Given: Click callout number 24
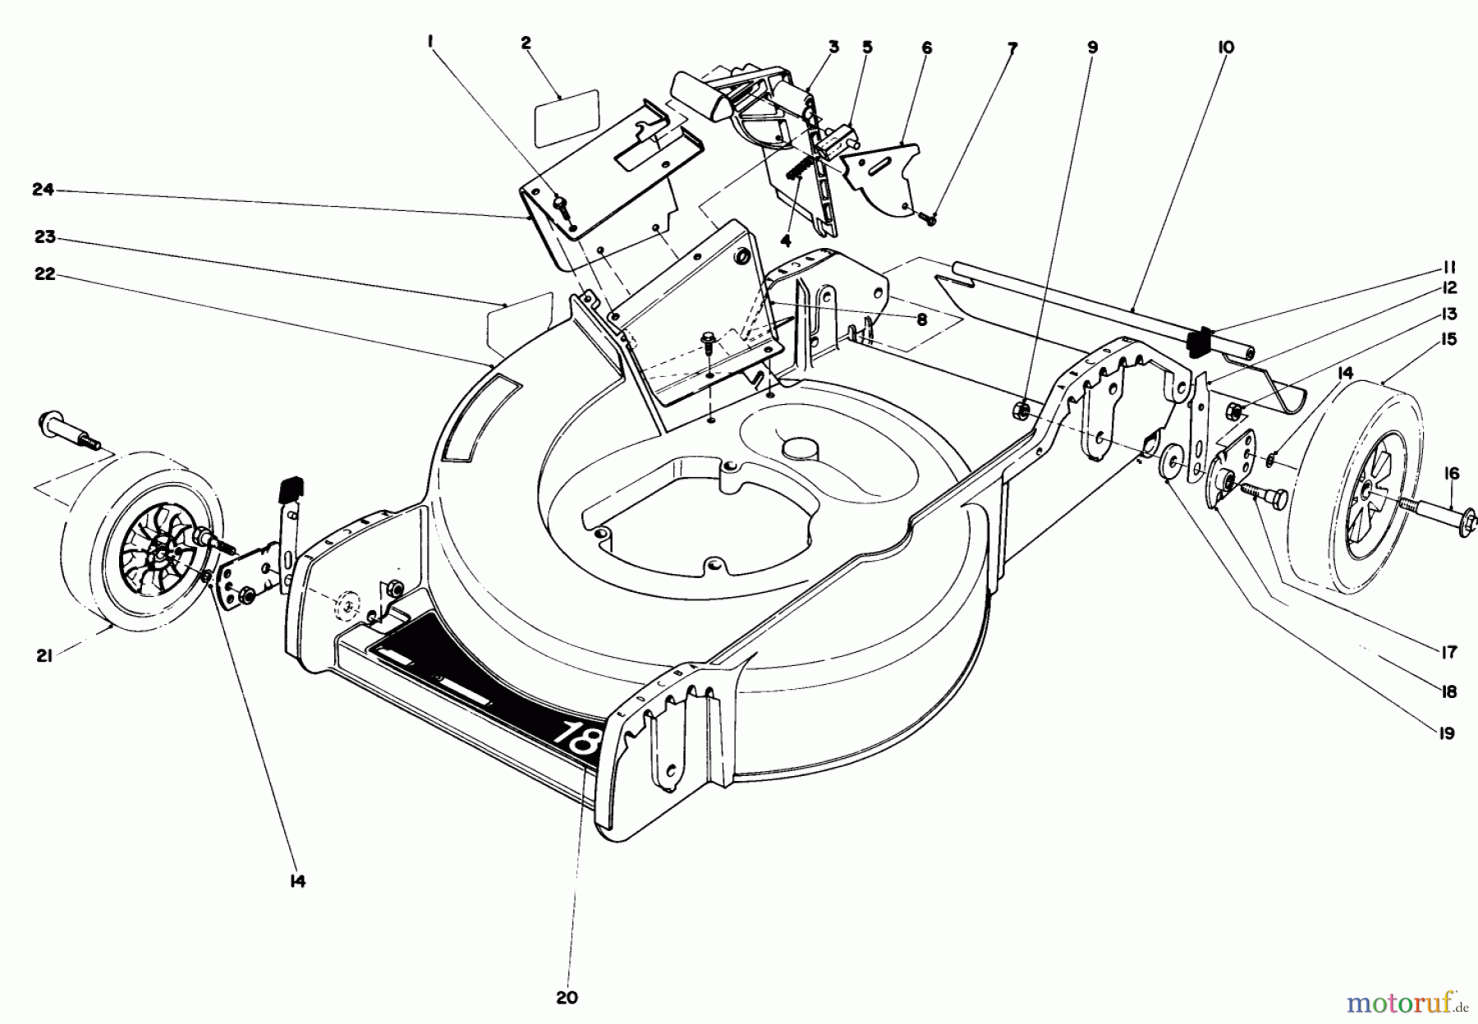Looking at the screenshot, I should pos(43,190).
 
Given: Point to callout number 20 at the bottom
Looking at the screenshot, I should pos(567,998).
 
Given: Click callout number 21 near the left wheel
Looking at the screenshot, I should pos(44,655).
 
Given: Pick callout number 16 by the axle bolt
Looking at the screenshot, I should pos(1452,473).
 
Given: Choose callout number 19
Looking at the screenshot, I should pos(1447,732).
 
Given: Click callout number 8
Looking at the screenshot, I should pos(922,320).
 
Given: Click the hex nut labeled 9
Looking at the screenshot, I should pos(1024,407).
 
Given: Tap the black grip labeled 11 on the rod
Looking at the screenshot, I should pos(1200,340).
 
